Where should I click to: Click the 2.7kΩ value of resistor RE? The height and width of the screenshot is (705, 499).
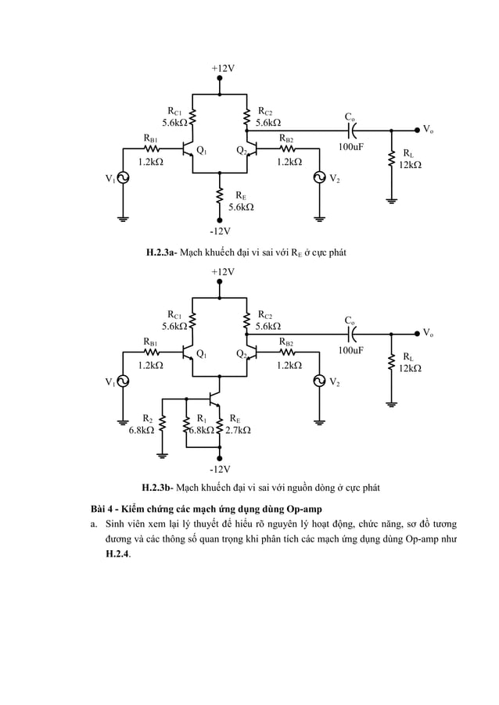[238, 430]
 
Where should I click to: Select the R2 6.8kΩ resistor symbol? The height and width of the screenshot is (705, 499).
[163, 423]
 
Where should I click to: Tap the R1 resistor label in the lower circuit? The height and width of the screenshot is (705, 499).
[201, 418]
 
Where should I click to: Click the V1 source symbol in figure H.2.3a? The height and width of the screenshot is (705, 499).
[123, 179]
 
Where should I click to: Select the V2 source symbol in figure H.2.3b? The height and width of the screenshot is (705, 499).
[319, 381]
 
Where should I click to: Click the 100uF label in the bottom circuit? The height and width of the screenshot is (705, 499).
[351, 351]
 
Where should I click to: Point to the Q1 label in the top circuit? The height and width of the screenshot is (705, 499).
[201, 150]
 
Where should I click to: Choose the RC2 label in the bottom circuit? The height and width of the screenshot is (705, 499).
[265, 314]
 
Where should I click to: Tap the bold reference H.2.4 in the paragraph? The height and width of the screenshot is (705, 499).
[119, 553]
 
